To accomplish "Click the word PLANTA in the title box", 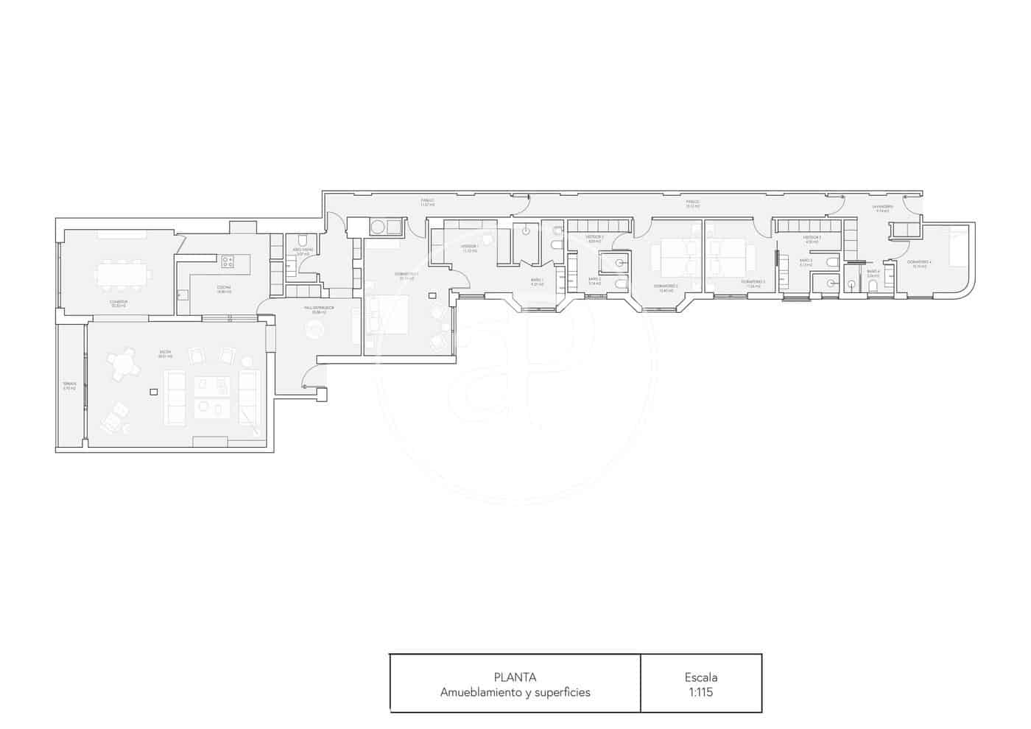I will [515, 677].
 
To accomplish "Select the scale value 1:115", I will [700, 692].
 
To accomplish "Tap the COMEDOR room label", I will [119, 302].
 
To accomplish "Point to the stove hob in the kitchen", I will [228, 261].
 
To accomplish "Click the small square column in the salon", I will [153, 392].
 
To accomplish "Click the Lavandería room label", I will [882, 207].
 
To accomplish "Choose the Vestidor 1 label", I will [470, 247].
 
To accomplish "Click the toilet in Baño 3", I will [832, 262].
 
